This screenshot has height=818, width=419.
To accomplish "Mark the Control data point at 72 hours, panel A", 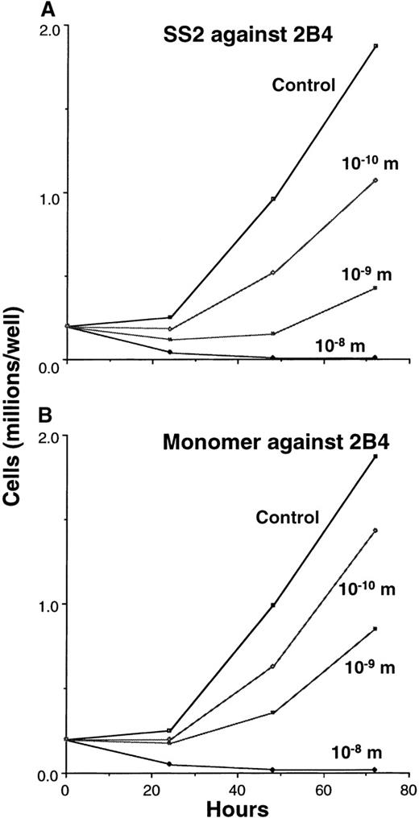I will pyautogui.click(x=375, y=46).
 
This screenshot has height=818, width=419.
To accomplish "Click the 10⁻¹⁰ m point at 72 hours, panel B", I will pyautogui.click(x=375, y=531).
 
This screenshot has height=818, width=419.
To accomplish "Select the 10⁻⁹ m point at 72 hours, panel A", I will pyautogui.click(x=375, y=287).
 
